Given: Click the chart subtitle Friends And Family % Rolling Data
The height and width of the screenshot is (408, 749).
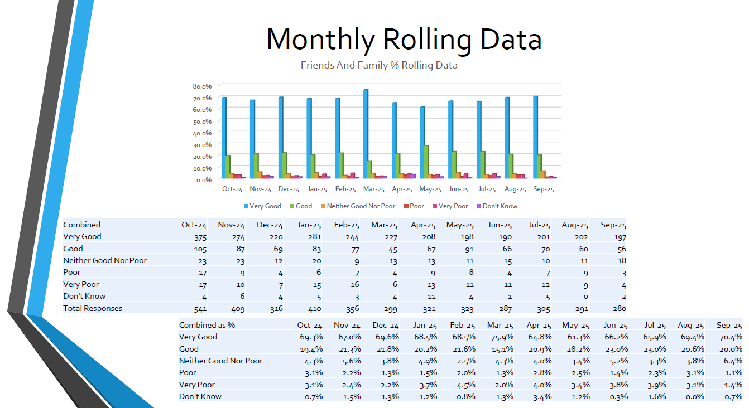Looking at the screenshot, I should tap(379, 65).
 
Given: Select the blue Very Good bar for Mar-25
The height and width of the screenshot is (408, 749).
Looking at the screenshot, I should tap(366, 134).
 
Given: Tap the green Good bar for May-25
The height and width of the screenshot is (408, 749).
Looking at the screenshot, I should tap(426, 162).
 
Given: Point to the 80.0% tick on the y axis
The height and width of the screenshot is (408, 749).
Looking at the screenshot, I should tap(202, 86).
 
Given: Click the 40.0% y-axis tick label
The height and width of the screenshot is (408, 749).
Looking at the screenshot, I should tap(202, 133).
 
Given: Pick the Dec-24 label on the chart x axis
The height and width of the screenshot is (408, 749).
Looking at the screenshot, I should tap(289, 189).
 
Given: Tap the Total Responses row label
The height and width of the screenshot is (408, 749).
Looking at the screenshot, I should tap(93, 308).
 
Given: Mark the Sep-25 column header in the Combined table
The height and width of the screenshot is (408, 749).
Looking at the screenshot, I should tap(613, 225).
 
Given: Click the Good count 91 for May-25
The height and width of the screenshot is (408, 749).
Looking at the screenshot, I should tap(467, 249).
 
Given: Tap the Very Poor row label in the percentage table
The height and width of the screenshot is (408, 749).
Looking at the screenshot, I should tap(197, 385).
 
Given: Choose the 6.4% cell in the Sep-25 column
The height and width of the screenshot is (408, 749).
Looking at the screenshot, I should tap(732, 361).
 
